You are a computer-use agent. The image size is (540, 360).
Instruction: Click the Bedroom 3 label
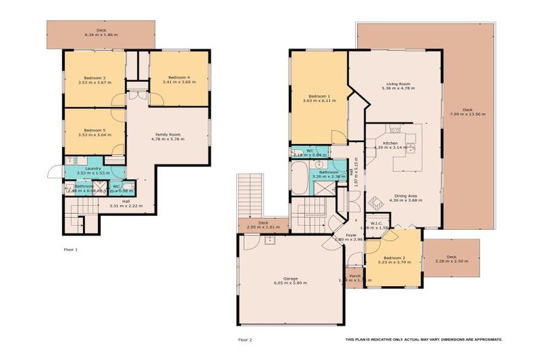point(95,77)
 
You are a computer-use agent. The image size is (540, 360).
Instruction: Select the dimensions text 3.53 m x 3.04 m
point(95,136)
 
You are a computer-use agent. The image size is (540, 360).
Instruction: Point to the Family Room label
point(167,134)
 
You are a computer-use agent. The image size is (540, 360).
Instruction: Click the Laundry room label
point(94,169)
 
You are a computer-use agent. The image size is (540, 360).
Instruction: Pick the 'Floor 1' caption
point(70,249)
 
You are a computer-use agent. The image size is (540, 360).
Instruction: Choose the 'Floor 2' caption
point(245,340)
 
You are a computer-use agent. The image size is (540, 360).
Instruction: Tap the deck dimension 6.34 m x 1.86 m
point(101,34)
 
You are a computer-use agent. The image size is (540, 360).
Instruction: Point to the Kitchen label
point(390,143)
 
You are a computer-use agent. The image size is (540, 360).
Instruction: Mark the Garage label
point(290,278)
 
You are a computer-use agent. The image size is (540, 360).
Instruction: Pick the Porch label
point(355,276)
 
